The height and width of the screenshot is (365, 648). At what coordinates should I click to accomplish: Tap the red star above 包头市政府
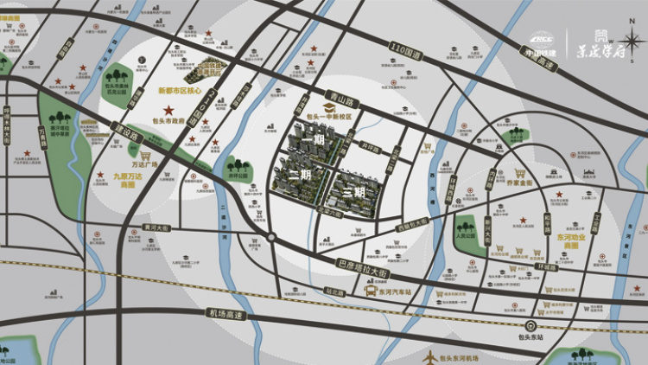(170, 110)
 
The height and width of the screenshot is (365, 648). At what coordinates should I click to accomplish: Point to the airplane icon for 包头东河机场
(429, 356)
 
